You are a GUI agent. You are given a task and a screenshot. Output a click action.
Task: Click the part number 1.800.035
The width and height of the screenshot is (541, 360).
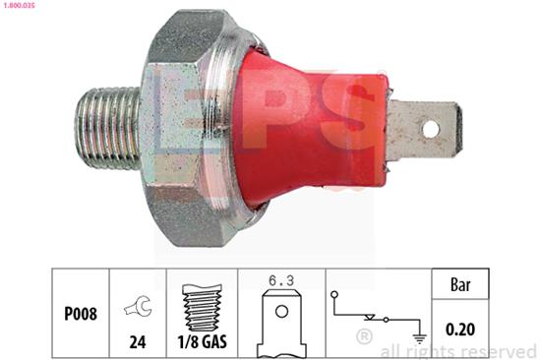21,6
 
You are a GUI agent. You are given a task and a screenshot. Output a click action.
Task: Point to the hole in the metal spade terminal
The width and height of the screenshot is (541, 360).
432,128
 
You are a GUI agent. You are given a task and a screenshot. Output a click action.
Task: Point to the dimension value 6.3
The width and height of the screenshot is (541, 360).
281,279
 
